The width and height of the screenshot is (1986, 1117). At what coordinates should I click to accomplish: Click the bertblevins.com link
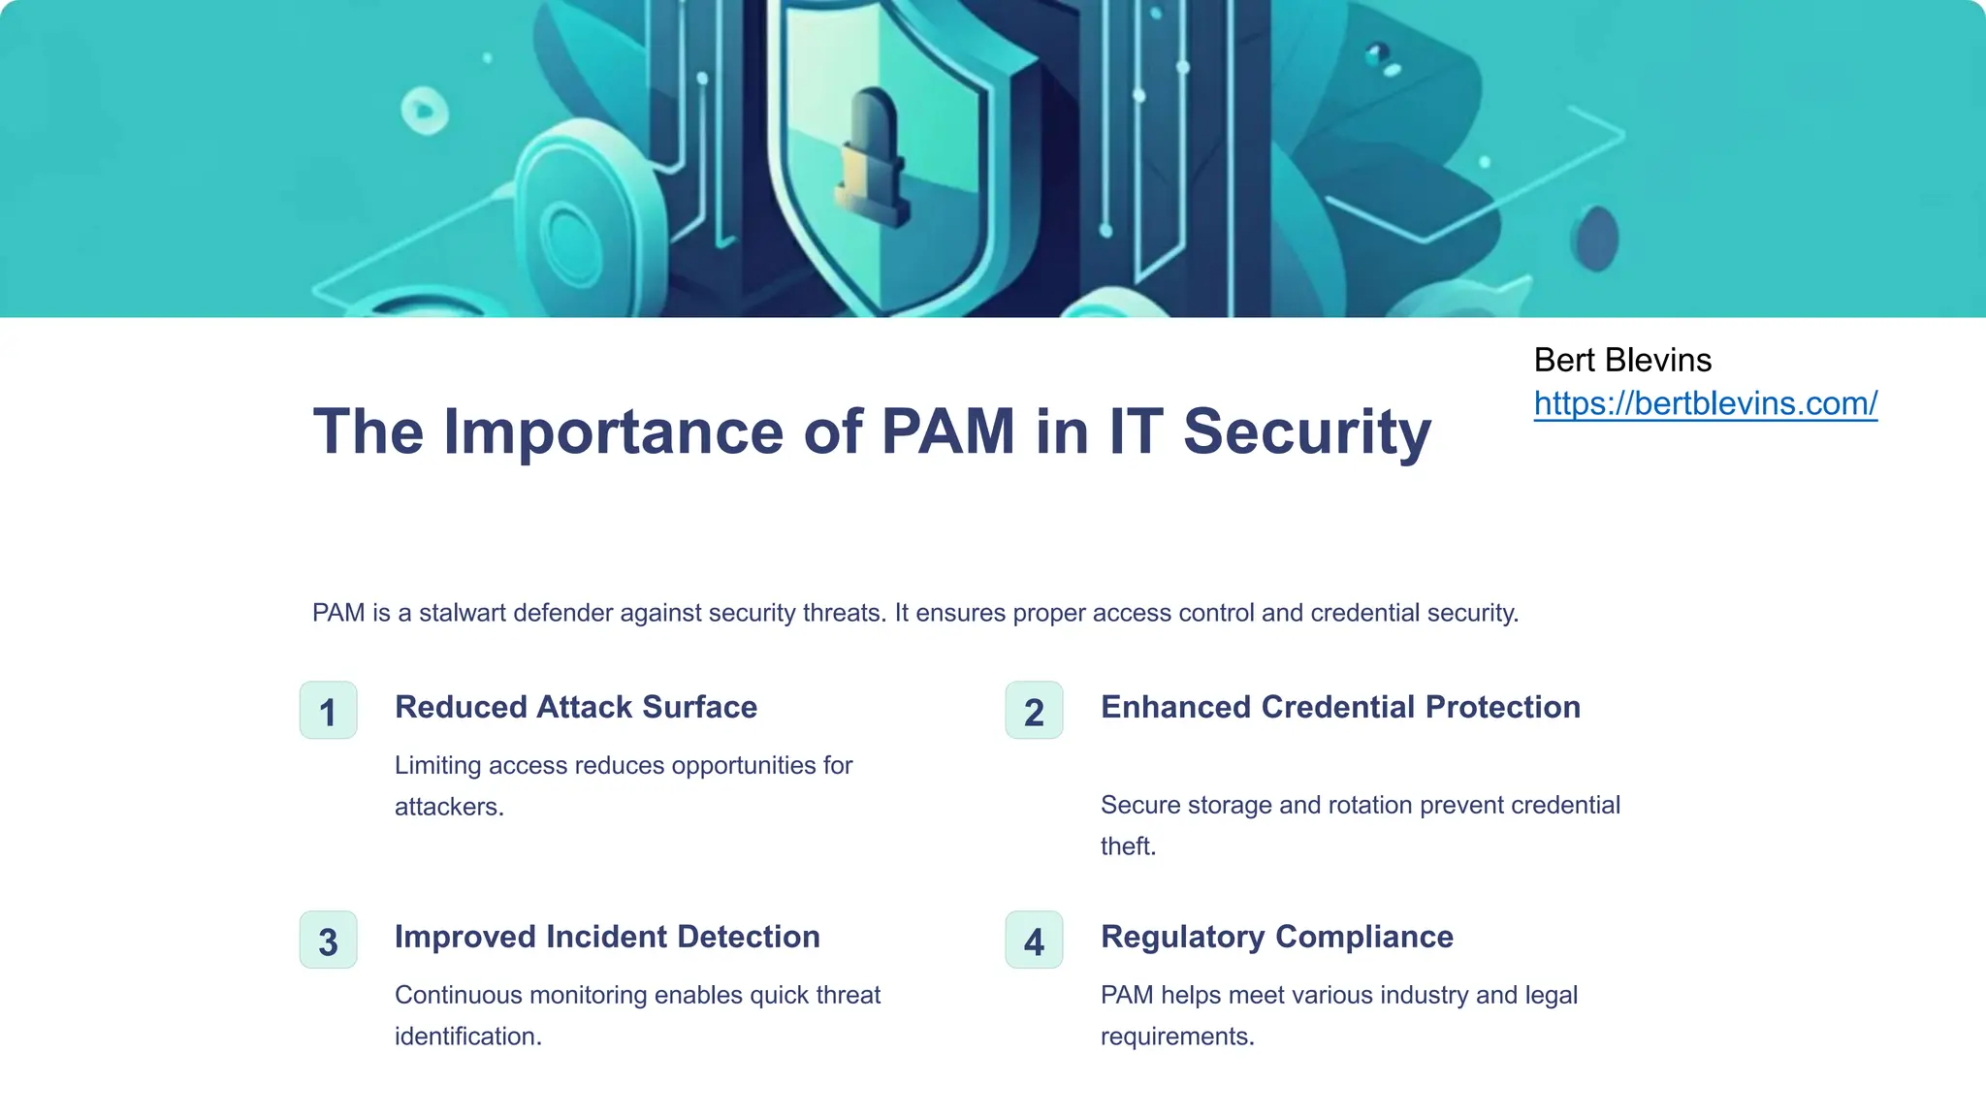(x=1705, y=403)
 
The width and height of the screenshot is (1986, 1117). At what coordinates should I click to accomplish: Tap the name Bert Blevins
(x=1622, y=360)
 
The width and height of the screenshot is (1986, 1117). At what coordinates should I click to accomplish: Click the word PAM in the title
(x=947, y=431)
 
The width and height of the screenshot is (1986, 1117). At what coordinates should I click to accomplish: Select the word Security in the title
(x=1306, y=431)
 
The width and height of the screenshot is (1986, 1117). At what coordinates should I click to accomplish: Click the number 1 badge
(x=328, y=711)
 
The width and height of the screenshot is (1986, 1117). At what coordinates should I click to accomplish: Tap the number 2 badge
(x=1034, y=711)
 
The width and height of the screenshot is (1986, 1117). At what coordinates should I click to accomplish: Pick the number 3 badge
(x=328, y=941)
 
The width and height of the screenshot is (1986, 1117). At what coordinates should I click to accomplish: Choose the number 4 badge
(x=1034, y=941)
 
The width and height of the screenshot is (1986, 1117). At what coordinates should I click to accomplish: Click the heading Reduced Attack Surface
(x=575, y=707)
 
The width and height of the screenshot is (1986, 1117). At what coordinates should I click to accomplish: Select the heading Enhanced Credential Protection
(x=1340, y=707)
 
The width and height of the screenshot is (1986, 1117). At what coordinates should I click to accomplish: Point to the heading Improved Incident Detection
(x=607, y=937)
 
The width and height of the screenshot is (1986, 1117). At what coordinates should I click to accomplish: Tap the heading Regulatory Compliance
(x=1276, y=937)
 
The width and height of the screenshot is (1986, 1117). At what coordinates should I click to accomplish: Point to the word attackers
(x=448, y=807)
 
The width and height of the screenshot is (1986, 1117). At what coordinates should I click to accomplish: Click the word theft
(x=1127, y=846)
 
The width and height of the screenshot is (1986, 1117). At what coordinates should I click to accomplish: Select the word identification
(x=466, y=1037)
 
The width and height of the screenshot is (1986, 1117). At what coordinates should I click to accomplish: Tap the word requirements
(x=1176, y=1037)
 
